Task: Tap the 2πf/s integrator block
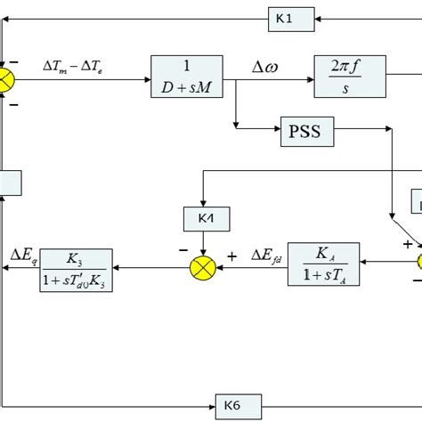(348, 78)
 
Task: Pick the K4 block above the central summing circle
(205, 217)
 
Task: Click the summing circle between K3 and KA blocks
(205, 264)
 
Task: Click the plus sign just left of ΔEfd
(232, 256)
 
